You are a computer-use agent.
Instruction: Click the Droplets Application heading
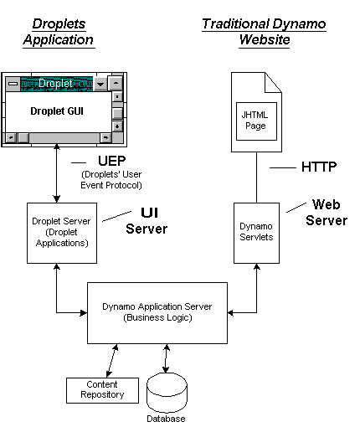coord(59,32)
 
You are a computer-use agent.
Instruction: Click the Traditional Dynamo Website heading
coord(264,32)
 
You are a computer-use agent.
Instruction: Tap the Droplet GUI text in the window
coord(57,111)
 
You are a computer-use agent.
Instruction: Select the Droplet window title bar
coord(57,84)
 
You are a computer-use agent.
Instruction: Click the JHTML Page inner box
coord(256,121)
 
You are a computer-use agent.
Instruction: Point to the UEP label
coord(112,161)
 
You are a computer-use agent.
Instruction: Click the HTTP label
coord(319,167)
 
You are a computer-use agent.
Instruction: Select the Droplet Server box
coord(62,233)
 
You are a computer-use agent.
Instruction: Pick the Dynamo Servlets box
coord(256,233)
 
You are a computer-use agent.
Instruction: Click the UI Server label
coord(147,220)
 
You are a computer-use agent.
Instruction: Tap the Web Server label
coord(327,212)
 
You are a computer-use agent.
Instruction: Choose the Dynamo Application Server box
coord(157,313)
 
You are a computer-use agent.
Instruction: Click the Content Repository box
coord(102,390)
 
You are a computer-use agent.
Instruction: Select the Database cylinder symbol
coord(167,392)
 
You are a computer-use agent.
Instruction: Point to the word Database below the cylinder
coord(166,419)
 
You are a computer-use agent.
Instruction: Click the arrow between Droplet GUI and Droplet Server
coord(57,173)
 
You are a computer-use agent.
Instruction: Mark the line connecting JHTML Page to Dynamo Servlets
coord(256,177)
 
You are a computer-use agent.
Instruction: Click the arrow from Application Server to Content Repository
coord(112,361)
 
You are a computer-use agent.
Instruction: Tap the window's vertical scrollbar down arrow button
coord(117,126)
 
